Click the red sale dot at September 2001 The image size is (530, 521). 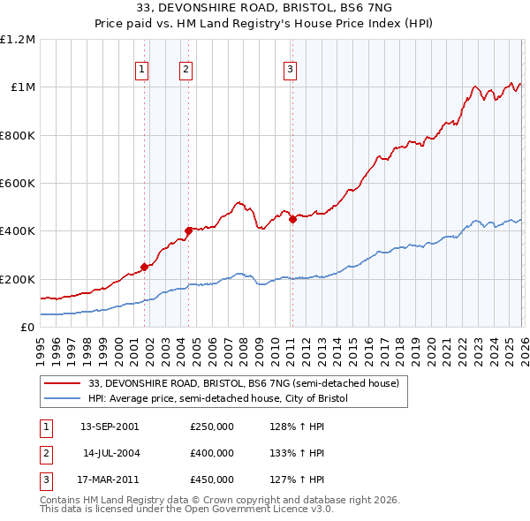click(x=144, y=267)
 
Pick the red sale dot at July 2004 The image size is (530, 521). click(x=188, y=230)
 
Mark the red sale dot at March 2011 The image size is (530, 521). click(x=292, y=219)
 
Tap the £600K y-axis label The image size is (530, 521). click(x=18, y=184)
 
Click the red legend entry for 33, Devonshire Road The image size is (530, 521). click(x=244, y=383)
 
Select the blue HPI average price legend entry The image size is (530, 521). click(x=218, y=398)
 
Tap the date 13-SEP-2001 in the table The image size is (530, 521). click(x=109, y=427)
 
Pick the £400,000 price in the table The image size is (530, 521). click(x=212, y=453)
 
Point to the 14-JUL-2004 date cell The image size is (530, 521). click(x=109, y=453)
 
